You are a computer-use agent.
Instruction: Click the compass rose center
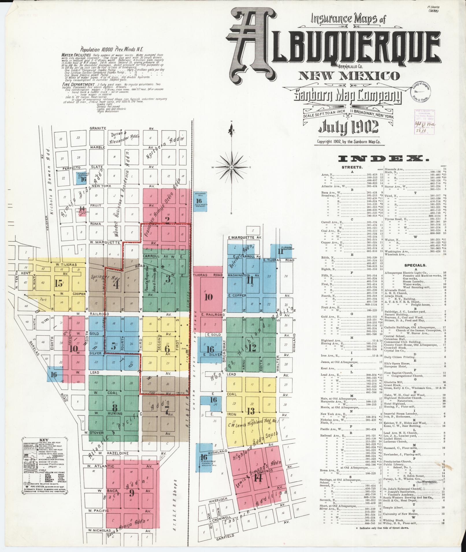tap(232, 167)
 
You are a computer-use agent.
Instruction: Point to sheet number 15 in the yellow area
tap(58, 284)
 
